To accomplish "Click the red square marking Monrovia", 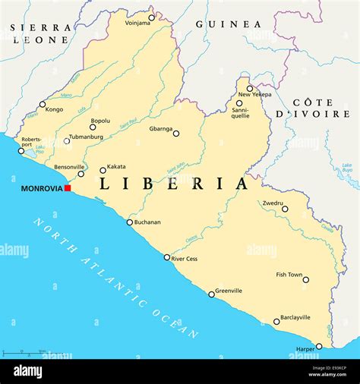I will tap(68, 188).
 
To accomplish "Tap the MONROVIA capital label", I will tap(41, 189).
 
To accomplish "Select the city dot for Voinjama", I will tap(151, 17).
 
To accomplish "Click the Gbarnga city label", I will tap(160, 128).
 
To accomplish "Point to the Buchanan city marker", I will tap(129, 222).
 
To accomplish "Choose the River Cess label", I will tap(185, 259).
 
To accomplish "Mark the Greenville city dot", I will tap(212, 294).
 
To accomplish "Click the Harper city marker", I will tap(319, 346).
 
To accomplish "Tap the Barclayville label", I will tap(295, 317).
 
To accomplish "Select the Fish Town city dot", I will tap(306, 280).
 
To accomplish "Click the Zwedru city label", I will tap(273, 203).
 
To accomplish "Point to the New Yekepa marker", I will tap(249, 88).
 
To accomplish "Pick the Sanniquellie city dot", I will tap(239, 103).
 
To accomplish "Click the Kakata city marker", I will tap(103, 170).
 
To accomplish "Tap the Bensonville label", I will tap(69, 166).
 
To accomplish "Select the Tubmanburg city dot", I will tap(67, 141).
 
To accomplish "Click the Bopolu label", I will tap(100, 121).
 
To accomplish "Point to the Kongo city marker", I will tap(43, 105).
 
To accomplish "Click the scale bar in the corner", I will tap(23, 353).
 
